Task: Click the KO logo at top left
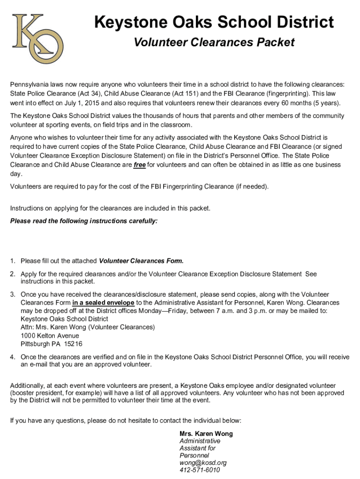(36, 38)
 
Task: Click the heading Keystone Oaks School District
(214, 22)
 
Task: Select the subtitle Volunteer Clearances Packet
(214, 43)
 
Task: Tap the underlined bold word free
(139, 165)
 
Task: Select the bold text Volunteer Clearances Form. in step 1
(142, 261)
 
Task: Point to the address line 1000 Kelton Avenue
(50, 335)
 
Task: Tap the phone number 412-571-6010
(200, 470)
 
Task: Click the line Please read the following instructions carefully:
(84, 221)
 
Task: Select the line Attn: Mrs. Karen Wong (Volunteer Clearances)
(87, 327)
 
